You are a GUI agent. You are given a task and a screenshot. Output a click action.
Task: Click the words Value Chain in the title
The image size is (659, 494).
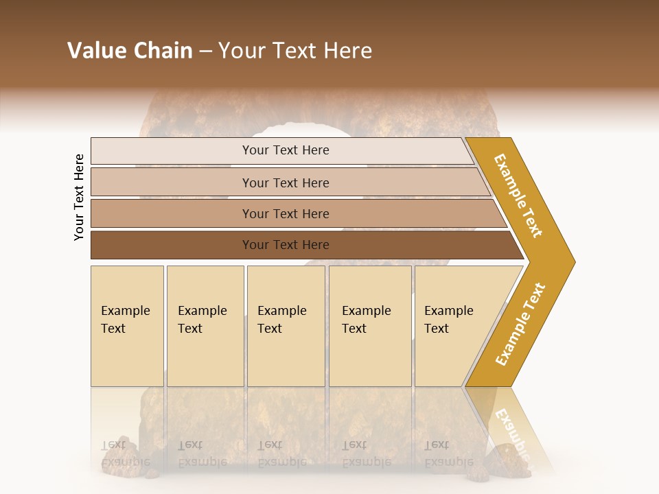(x=130, y=51)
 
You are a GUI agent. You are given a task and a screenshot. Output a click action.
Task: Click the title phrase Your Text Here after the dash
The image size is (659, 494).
(x=295, y=51)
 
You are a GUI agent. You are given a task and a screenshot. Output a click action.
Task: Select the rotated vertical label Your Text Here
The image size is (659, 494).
(x=79, y=197)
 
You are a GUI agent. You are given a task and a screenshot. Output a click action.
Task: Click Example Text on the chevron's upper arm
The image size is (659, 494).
(x=518, y=196)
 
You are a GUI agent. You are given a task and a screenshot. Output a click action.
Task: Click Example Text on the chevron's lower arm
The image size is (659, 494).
(x=520, y=325)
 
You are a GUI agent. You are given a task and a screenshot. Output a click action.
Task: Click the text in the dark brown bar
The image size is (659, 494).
(x=286, y=245)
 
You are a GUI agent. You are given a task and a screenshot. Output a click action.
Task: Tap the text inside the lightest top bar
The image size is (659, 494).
(x=286, y=150)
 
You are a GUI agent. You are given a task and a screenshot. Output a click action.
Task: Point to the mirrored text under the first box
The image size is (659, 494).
(x=125, y=454)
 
